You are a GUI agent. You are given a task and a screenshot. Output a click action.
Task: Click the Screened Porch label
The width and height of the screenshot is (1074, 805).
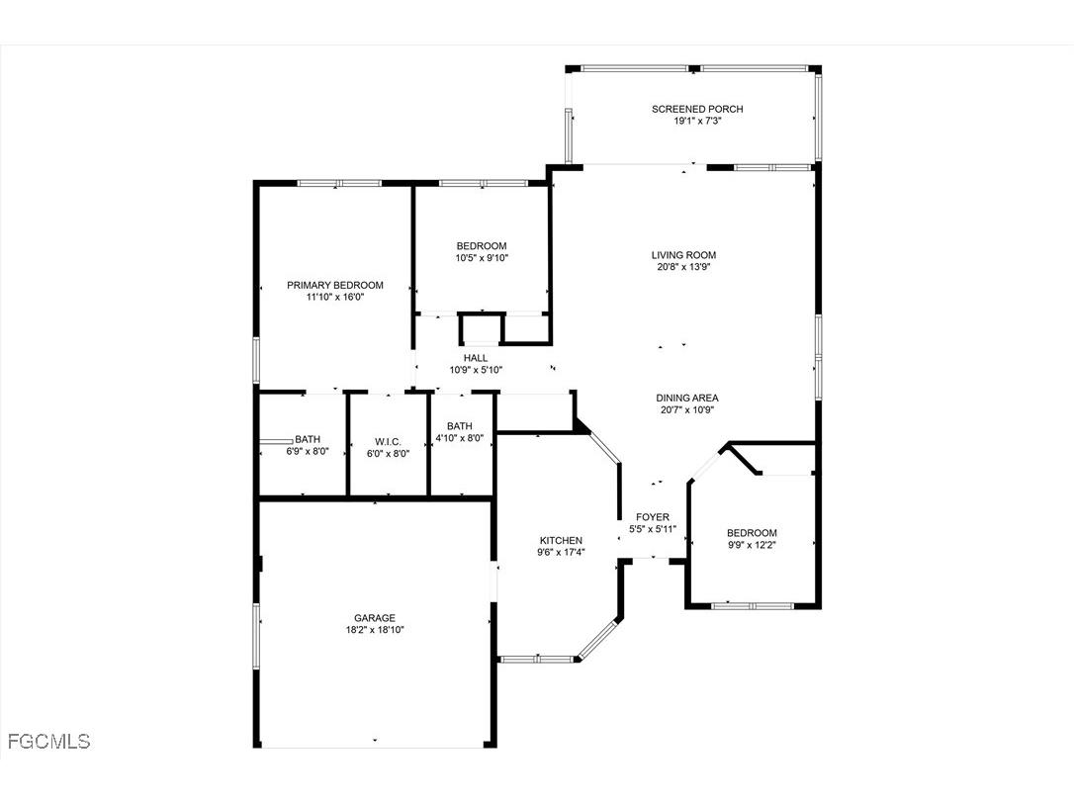[x=697, y=109]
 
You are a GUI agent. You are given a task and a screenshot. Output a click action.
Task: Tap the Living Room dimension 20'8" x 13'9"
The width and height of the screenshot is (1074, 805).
[x=683, y=267]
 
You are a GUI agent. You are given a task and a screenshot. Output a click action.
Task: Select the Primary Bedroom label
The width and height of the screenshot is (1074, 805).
[x=335, y=285]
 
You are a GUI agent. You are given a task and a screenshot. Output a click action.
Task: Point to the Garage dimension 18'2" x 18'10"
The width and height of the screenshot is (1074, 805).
[x=375, y=630]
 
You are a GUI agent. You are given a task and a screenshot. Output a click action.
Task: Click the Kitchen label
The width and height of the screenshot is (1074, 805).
[x=560, y=540]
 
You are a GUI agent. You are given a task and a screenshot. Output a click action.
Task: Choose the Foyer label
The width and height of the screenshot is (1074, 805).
[x=653, y=517]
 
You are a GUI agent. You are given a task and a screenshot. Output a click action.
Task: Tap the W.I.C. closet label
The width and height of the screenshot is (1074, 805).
[x=386, y=440]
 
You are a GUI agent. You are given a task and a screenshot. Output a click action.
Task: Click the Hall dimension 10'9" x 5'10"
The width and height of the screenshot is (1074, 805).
[x=476, y=370]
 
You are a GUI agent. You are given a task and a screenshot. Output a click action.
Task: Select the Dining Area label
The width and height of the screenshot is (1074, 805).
[x=686, y=399]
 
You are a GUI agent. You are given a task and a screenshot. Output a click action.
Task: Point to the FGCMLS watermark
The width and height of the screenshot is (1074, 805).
[x=48, y=741]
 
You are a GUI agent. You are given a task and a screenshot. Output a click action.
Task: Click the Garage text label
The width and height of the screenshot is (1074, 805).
[x=375, y=618]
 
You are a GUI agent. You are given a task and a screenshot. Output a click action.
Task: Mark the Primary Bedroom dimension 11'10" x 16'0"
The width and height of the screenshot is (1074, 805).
[x=335, y=297]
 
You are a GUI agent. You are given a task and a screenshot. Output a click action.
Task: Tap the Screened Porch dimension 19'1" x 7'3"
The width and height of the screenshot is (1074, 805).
[x=697, y=121]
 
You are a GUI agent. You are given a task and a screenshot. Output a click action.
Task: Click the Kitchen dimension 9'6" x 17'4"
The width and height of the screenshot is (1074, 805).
[x=560, y=552]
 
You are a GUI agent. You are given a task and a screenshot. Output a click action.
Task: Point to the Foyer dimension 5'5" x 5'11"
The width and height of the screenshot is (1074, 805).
[x=653, y=529]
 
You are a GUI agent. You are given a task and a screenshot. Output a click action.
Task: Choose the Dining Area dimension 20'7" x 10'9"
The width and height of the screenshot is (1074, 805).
[x=686, y=410]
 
